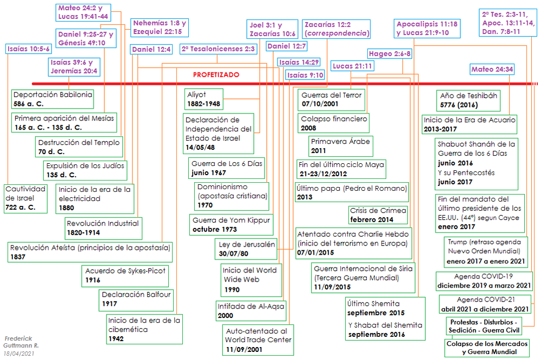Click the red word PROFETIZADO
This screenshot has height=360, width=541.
coord(216,75)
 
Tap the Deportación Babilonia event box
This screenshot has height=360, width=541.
coord(52,98)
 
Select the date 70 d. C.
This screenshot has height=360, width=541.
coord(51,152)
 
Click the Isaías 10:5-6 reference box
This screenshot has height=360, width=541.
coord(29,49)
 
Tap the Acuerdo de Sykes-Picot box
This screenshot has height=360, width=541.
coord(125,275)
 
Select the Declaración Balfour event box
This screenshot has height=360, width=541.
coord(136,299)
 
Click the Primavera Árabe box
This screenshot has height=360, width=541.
coord(341,145)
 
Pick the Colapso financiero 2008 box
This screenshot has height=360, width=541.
coord(333,123)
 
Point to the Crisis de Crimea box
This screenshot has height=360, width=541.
coord(378,215)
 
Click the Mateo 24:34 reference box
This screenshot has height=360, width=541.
coord(492,69)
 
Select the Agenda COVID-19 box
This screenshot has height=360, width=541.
coord(483,281)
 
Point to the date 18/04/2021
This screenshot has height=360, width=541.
coord(18,353)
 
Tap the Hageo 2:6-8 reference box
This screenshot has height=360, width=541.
coord(390,54)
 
